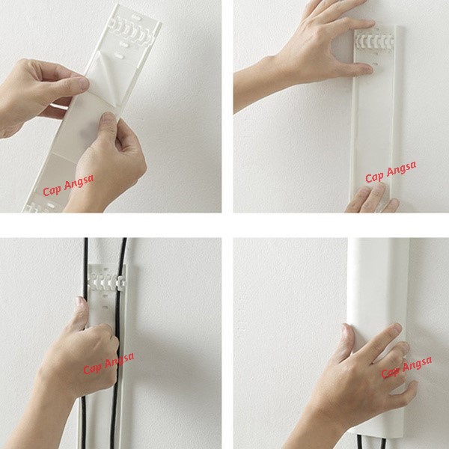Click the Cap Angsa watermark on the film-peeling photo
tap(68, 185)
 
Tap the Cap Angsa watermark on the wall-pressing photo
tap(391, 172)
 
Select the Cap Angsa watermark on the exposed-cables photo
tap(109, 363)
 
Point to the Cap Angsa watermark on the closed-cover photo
tap(406, 367)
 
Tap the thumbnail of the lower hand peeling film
tap(109, 117)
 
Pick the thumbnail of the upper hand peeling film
tap(84, 83)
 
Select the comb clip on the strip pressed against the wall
tap(375, 41)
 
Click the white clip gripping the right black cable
tap(120, 282)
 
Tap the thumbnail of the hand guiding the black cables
tap(80, 302)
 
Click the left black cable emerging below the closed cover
tap(359, 442)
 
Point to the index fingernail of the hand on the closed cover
tap(397, 328)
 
